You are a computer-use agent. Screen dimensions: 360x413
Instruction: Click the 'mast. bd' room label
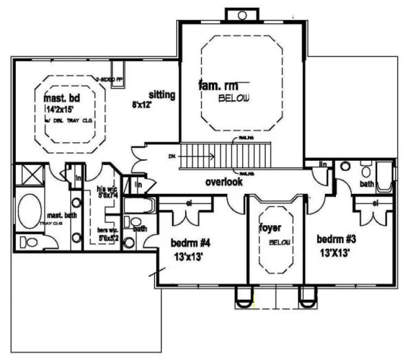coord(62,99)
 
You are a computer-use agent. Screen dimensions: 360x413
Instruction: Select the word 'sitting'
coord(161,95)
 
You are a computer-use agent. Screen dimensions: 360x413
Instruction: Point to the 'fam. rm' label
coord(215,86)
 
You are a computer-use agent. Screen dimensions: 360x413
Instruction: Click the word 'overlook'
coord(224,182)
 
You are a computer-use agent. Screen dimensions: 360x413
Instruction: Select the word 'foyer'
coord(270,229)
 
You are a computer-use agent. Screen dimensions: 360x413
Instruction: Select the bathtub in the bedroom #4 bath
coord(139,206)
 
